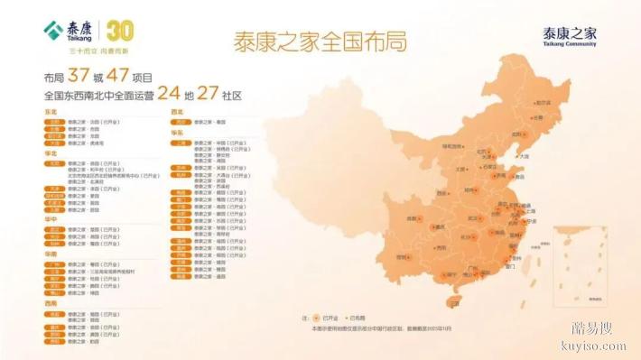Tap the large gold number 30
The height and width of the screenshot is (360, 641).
point(120,32)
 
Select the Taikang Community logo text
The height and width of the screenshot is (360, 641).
point(569,37)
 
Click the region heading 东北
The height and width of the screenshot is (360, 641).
point(51,112)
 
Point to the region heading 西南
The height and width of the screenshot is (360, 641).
point(51,304)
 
